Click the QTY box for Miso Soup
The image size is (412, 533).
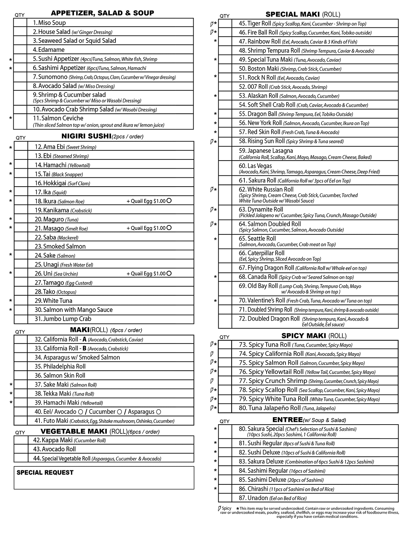[20, 23]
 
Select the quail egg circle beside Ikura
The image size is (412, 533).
[169, 201]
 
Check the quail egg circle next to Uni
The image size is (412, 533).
[169, 274]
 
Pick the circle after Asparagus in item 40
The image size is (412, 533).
[158, 412]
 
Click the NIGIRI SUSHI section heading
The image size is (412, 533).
[86, 136]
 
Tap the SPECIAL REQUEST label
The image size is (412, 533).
[45, 472]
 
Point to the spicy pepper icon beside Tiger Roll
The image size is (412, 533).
[211, 24]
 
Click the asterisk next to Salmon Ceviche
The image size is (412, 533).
[11, 119]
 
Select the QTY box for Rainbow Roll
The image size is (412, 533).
[225, 42]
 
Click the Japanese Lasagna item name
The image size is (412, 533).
[266, 151]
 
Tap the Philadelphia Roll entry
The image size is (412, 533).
[60, 366]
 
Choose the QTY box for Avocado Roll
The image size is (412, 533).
[21, 449]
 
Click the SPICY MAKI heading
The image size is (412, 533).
[304, 336]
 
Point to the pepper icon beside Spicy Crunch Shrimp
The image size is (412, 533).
[211, 381]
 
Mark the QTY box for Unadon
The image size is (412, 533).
[225, 498]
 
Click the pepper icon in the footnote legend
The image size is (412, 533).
[219, 508]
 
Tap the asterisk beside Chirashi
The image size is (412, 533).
[215, 489]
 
